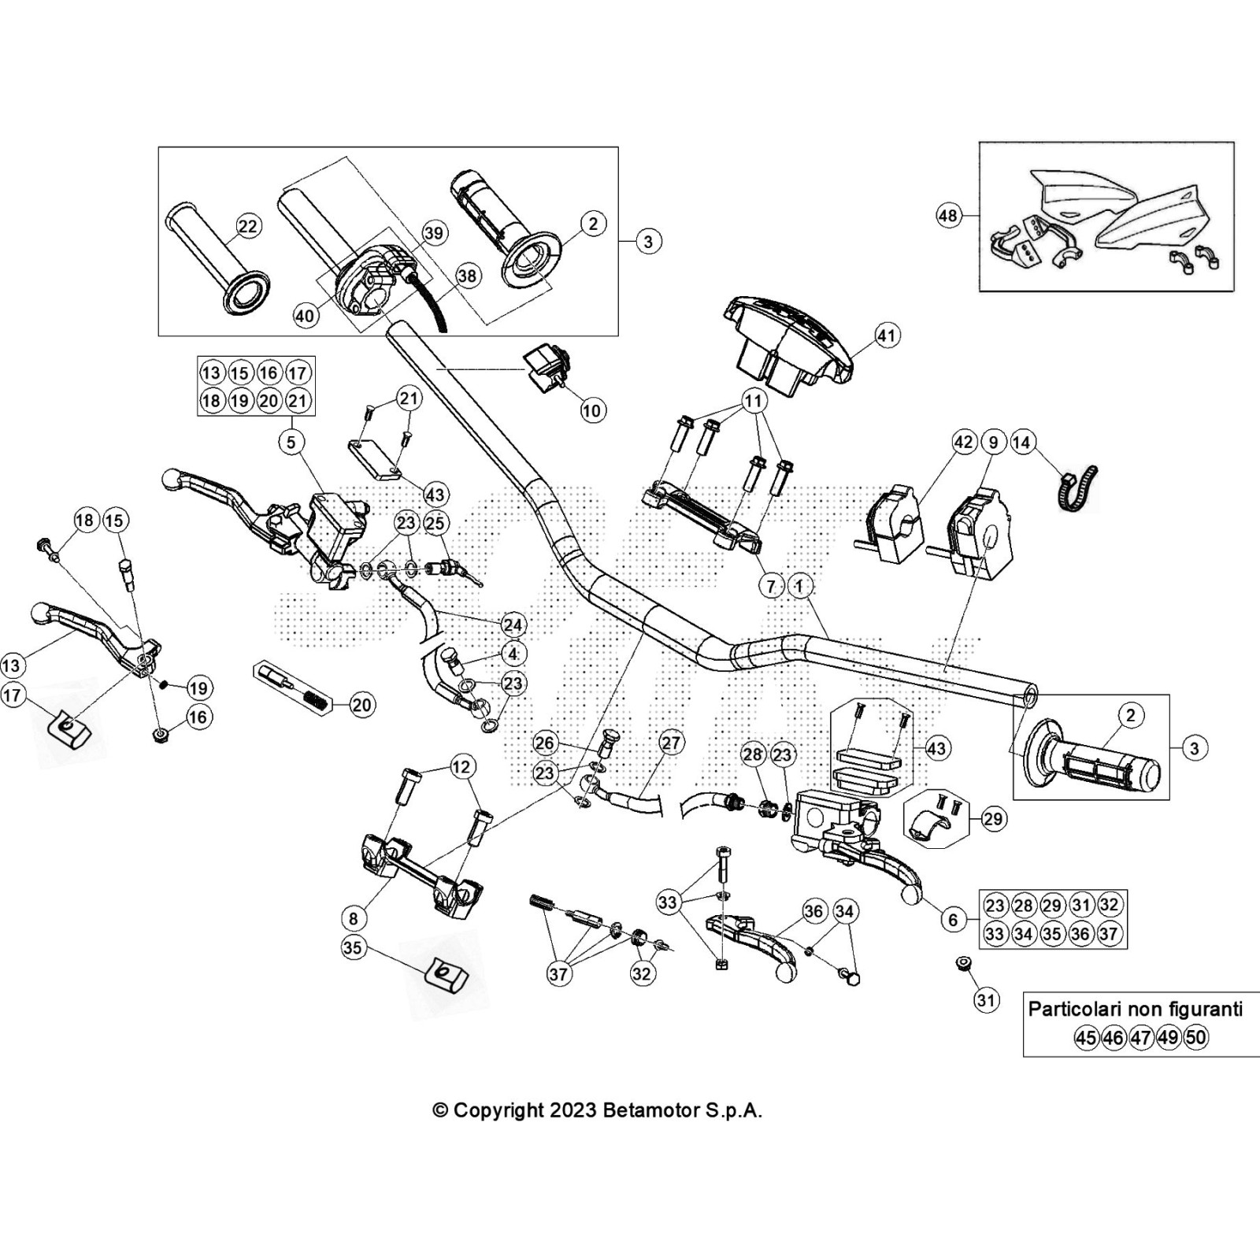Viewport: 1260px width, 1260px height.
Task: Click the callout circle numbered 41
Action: (887, 335)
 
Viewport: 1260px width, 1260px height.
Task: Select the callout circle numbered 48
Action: (949, 215)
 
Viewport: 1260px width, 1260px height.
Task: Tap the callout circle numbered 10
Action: (591, 409)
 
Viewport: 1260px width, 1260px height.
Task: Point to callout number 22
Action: (247, 227)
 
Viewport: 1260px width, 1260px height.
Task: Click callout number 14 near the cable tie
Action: (1021, 443)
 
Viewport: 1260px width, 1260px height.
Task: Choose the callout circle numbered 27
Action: (670, 743)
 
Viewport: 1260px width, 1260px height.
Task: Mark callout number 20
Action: (361, 704)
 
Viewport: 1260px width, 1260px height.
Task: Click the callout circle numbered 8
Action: (354, 917)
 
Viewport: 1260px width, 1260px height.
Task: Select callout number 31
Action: (986, 1000)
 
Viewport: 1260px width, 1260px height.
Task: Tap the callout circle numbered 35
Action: (353, 947)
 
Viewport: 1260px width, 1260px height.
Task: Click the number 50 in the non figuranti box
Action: (1195, 1037)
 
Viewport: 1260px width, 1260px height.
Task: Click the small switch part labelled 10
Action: (546, 368)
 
